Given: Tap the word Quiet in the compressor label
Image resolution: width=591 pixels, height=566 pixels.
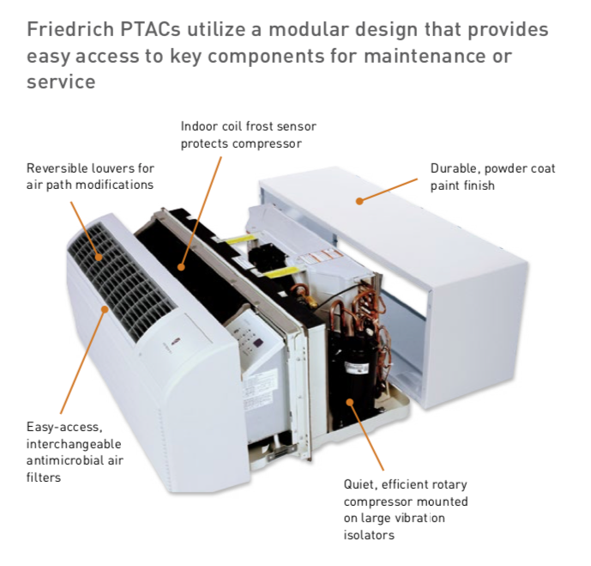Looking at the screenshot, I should pos(360,486).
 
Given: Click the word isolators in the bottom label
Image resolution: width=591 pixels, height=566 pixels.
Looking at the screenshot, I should pos(370,535).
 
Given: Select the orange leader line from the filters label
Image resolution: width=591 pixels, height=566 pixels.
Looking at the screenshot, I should pos(81,361).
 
